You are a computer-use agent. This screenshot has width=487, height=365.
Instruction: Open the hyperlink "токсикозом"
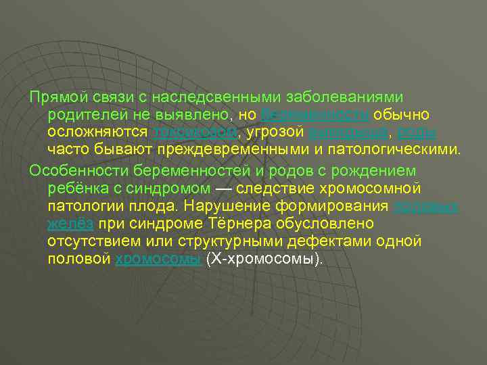click(195, 130)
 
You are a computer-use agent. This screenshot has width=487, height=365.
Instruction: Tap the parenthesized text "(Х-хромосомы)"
click(264, 258)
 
